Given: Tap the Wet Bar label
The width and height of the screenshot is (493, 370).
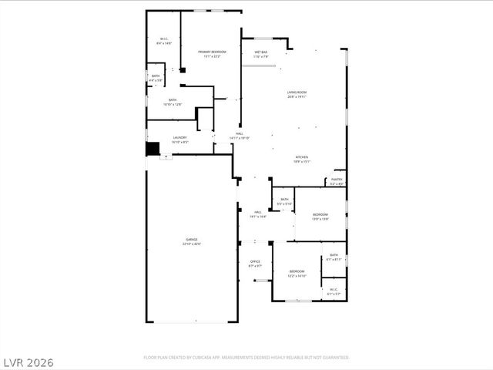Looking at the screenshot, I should coord(261,54).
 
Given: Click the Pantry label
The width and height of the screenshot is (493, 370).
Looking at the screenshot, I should coord(337,181).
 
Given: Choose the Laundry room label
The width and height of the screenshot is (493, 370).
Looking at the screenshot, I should coord(179,140).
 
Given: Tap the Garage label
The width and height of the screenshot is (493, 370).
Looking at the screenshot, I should coord(191,241).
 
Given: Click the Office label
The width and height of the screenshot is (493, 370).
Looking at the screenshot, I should coord(255,264).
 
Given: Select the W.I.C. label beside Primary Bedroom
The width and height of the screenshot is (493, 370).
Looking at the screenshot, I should coord(164,41).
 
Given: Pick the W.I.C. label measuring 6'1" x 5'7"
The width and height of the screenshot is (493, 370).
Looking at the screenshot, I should coord(333,291).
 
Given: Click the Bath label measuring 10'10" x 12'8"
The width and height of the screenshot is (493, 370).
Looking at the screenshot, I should coord(173,102).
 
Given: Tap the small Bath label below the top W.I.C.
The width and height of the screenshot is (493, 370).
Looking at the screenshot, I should coord(155,78).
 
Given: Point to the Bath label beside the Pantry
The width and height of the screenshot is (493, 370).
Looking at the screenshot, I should coord(284,201).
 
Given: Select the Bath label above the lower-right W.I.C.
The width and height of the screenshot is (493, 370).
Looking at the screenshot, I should coord(334,257).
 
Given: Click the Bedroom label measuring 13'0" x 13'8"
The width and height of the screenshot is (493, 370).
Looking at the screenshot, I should coord(320,217).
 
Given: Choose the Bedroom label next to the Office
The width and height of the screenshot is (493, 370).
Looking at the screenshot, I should coord(297,274).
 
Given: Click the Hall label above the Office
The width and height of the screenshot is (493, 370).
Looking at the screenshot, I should coord(258,214).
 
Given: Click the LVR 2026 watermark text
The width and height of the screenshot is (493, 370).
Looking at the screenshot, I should coord(27,362).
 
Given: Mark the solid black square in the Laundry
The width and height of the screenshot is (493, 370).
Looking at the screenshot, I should coord(153,148).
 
